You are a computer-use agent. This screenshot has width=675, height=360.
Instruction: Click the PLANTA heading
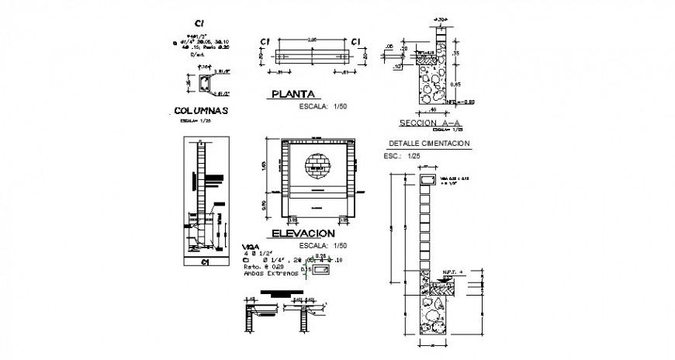click(290, 95)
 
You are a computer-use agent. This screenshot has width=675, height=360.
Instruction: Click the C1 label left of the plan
click(265, 41)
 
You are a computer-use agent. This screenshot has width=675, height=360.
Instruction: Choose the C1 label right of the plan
click(358, 41)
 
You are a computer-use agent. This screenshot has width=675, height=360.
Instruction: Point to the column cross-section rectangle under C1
click(205, 82)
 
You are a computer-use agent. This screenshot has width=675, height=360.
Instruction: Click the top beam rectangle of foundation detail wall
click(427, 180)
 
